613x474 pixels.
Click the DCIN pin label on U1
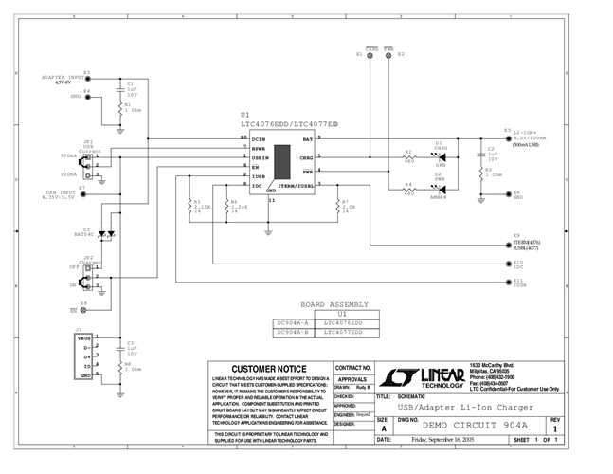[x=259, y=138]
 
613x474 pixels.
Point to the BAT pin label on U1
[x=307, y=138]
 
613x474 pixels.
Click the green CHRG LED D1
[x=440, y=155]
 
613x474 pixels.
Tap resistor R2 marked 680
[x=408, y=155]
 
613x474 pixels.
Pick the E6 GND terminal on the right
[x=507, y=195]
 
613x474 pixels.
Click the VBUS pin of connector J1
[x=84, y=337]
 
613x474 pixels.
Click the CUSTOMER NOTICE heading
[x=269, y=368]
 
